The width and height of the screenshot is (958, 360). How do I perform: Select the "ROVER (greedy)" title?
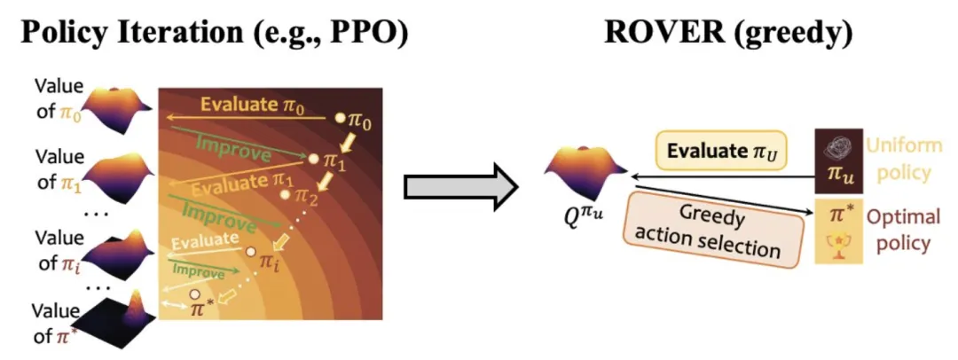point(728,33)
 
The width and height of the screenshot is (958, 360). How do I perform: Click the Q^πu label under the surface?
point(577,214)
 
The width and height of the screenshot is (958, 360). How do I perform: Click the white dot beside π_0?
point(338,118)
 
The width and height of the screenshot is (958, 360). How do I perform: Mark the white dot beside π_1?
point(312,160)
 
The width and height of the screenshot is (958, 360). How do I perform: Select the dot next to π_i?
point(252,254)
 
